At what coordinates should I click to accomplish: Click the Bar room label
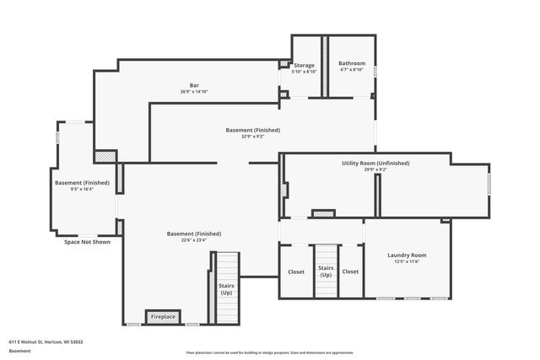click(194, 85)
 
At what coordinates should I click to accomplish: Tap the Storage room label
click(304, 65)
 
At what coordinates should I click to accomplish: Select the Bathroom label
click(352, 63)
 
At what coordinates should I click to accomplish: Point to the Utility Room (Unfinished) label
click(375, 163)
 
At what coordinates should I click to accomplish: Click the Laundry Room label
click(407, 255)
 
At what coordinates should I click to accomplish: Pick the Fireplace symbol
click(163, 317)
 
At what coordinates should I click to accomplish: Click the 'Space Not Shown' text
click(87, 242)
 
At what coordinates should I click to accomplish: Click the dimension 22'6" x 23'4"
click(194, 240)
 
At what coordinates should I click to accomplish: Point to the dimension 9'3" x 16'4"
click(82, 190)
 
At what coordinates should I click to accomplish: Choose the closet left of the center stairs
click(296, 271)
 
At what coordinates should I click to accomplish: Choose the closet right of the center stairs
click(350, 271)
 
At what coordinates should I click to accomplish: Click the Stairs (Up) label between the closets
click(326, 271)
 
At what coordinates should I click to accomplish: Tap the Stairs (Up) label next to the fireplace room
click(226, 289)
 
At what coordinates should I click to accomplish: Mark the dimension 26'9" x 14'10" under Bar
click(194, 92)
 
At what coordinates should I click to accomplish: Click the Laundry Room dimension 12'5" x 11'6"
click(407, 261)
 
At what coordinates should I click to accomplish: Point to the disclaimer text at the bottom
click(270, 352)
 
